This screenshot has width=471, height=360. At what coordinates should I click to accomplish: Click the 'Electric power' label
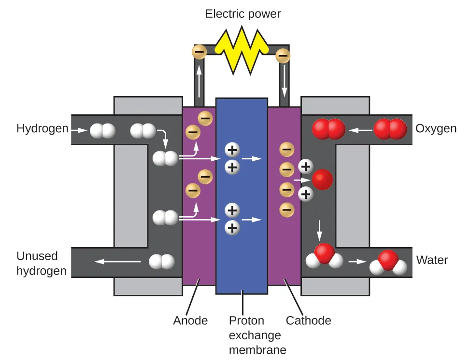click(x=243, y=14)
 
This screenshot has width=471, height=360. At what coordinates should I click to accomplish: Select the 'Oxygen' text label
click(x=436, y=129)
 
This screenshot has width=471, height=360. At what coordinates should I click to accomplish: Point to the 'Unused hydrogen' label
click(x=41, y=263)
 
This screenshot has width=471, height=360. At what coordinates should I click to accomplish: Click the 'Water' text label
click(x=432, y=261)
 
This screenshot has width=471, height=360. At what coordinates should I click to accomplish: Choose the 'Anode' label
click(x=190, y=320)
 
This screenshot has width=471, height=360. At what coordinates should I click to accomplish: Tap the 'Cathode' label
click(x=308, y=320)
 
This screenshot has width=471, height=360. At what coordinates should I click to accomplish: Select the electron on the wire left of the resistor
click(x=200, y=52)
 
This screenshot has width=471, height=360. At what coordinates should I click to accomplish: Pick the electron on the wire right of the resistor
click(x=283, y=56)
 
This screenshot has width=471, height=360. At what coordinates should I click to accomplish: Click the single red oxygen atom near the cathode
click(x=322, y=180)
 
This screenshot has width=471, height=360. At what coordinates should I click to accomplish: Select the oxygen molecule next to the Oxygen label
click(x=390, y=129)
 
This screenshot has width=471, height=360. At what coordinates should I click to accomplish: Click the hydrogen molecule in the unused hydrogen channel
click(x=161, y=262)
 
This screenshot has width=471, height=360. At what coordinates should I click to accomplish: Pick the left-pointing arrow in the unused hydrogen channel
click(x=118, y=262)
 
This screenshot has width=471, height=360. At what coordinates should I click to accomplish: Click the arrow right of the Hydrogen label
click(x=78, y=130)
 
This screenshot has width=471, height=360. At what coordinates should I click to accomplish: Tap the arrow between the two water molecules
click(x=357, y=262)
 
